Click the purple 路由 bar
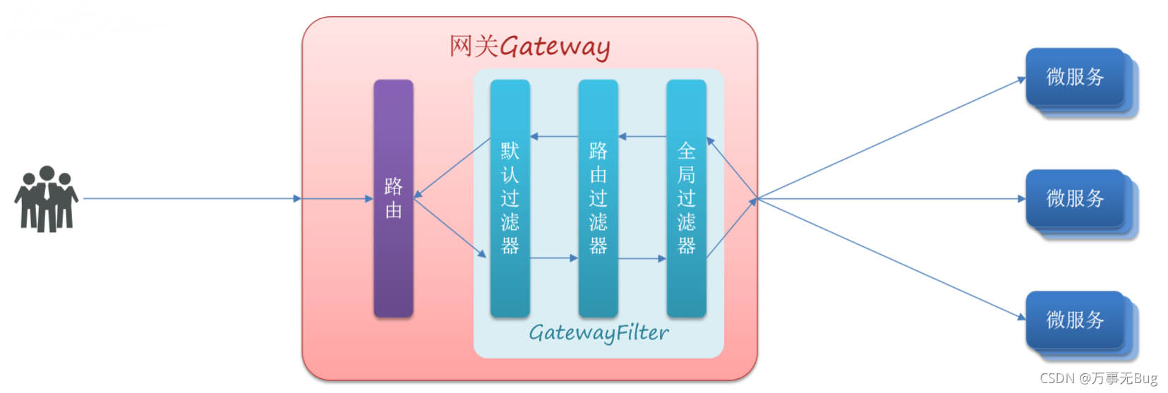click(x=393, y=198)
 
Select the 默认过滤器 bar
click(x=510, y=198)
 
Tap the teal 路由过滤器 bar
click(x=598, y=198)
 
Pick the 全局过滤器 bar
click(x=686, y=198)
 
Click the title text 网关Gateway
click(x=529, y=47)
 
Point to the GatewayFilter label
click(x=598, y=332)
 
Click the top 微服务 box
click(x=1074, y=77)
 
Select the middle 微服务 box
click(x=1074, y=198)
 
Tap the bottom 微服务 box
click(x=1074, y=320)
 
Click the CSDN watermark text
click(x=1098, y=378)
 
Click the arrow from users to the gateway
click(x=191, y=198)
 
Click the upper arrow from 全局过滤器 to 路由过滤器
click(x=642, y=136)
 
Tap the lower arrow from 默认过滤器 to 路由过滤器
click(x=554, y=258)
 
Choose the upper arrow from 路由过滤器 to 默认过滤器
click(x=554, y=136)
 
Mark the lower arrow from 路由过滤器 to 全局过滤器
click(x=642, y=258)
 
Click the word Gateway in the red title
click(x=555, y=47)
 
